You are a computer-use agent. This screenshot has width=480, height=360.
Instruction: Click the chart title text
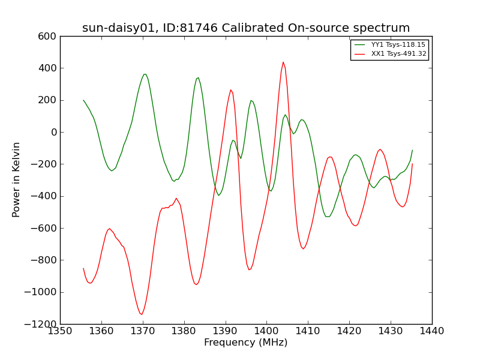(246, 28)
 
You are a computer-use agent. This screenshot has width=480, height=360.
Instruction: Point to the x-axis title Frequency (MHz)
(246, 342)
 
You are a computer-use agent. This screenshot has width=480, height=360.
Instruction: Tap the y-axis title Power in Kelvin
(16, 180)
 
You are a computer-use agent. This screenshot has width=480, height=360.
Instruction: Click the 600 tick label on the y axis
(47, 37)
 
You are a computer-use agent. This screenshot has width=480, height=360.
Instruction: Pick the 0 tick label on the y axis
(54, 132)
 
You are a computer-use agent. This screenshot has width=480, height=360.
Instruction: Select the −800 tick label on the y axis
(44, 260)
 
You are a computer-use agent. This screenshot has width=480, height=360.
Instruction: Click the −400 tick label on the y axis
(44, 196)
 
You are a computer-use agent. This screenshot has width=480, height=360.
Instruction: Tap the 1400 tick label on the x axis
(266, 331)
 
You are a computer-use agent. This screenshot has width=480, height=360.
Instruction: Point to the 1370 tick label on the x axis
(143, 331)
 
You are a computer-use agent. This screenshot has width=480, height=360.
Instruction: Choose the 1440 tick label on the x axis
(432, 331)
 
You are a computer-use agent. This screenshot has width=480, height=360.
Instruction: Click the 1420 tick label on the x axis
(349, 331)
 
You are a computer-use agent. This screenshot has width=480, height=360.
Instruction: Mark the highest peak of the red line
(283, 62)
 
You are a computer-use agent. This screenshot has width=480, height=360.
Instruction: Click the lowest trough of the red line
(142, 314)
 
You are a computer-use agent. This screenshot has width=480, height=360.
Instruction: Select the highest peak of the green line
(145, 74)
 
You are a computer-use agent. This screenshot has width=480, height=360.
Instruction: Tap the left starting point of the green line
(83, 100)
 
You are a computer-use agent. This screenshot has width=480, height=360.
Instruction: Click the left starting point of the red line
(83, 268)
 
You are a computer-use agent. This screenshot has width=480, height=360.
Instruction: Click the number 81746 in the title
(199, 28)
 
